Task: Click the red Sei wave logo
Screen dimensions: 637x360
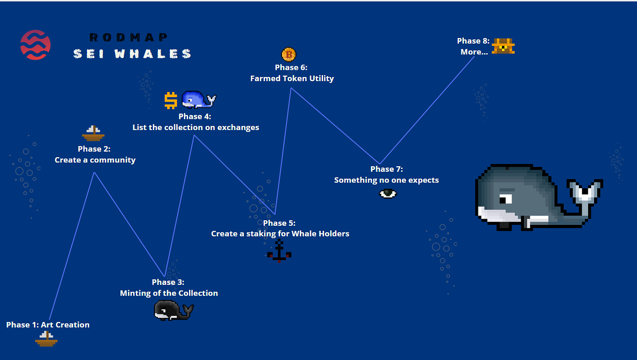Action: click(35, 45)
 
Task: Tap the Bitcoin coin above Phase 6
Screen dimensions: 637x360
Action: click(288, 54)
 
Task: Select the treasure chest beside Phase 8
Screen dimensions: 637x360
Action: click(503, 46)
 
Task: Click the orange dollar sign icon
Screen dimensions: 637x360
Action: click(171, 100)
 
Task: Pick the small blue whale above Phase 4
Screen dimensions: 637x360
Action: click(199, 100)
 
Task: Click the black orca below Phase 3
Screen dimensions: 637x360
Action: click(174, 310)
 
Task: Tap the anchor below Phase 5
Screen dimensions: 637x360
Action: click(279, 251)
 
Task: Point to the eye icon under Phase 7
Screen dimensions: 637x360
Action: click(388, 194)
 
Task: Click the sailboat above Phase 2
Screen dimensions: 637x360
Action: click(93, 133)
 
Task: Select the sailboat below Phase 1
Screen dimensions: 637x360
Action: click(46, 339)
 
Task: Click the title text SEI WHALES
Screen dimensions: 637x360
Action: click(132, 54)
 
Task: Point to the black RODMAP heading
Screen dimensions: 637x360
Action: click(128, 37)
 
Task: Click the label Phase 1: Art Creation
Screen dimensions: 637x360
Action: click(48, 325)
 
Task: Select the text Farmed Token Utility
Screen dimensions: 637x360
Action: click(292, 78)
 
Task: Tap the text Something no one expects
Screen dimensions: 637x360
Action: click(387, 180)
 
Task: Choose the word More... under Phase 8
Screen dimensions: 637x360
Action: click(474, 52)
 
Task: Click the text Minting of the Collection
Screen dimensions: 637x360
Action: click(169, 293)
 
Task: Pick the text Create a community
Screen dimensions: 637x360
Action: click(95, 160)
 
